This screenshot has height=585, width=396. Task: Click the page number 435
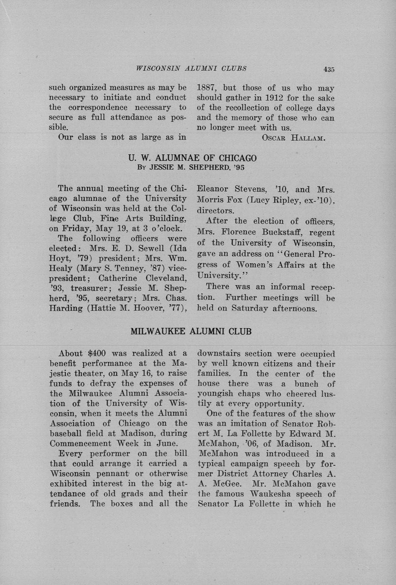tap(329, 70)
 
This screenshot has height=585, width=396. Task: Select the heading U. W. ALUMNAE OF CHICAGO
tap(192, 158)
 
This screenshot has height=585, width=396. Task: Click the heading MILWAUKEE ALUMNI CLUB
tap(191, 331)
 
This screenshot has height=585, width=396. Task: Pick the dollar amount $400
tap(100, 353)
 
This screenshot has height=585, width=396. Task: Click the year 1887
tap(207, 88)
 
